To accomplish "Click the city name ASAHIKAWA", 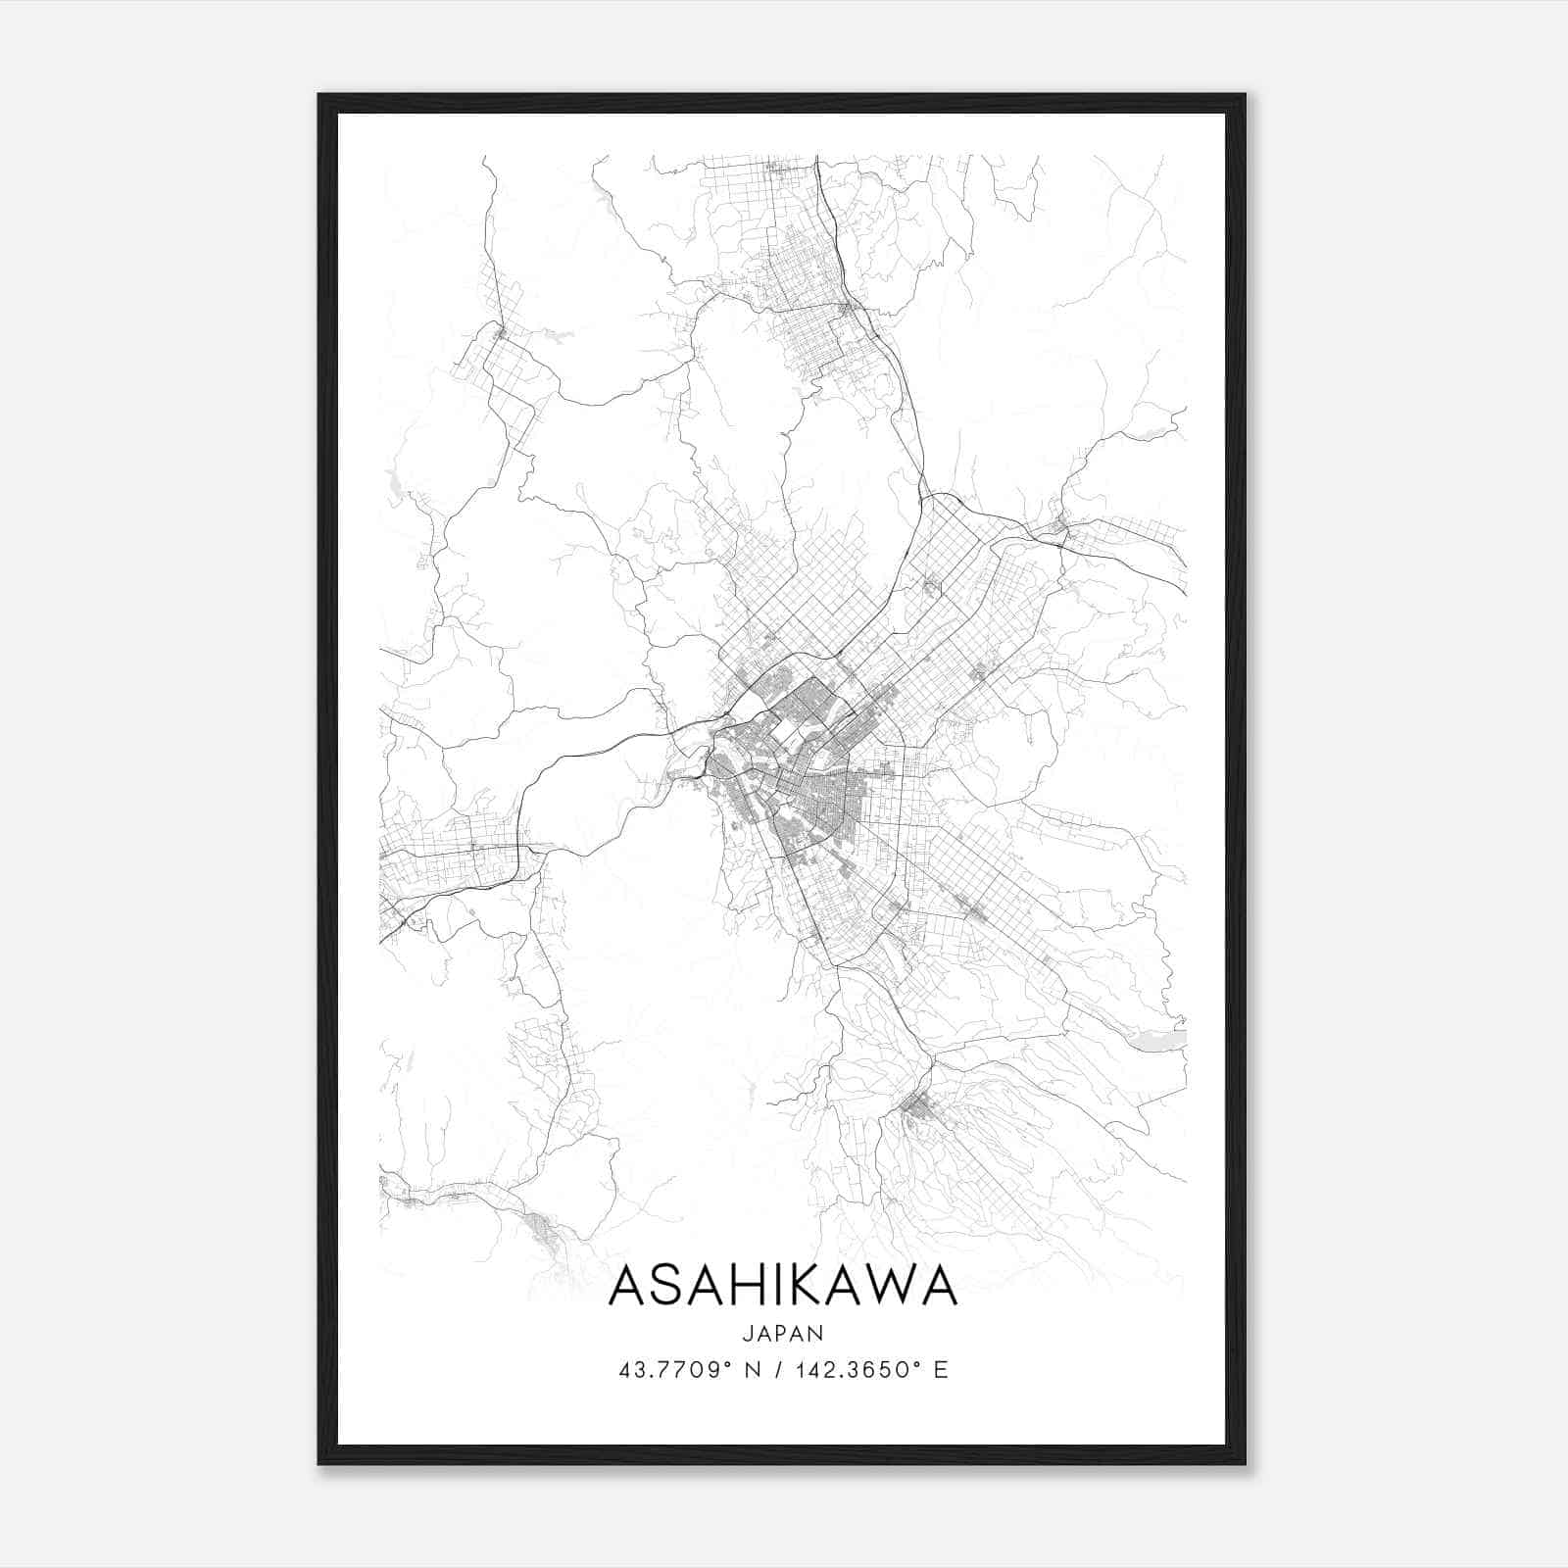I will tap(783, 1287).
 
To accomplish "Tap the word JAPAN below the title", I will tap(783, 1334).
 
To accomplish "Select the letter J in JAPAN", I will tap(747, 1334).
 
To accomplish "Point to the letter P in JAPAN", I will tap(782, 1334).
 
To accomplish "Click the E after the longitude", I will tap(942, 1370).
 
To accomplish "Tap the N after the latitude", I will tap(754, 1370).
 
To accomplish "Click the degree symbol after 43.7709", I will tap(728, 1363).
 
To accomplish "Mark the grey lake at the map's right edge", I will tap(1163, 1040).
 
